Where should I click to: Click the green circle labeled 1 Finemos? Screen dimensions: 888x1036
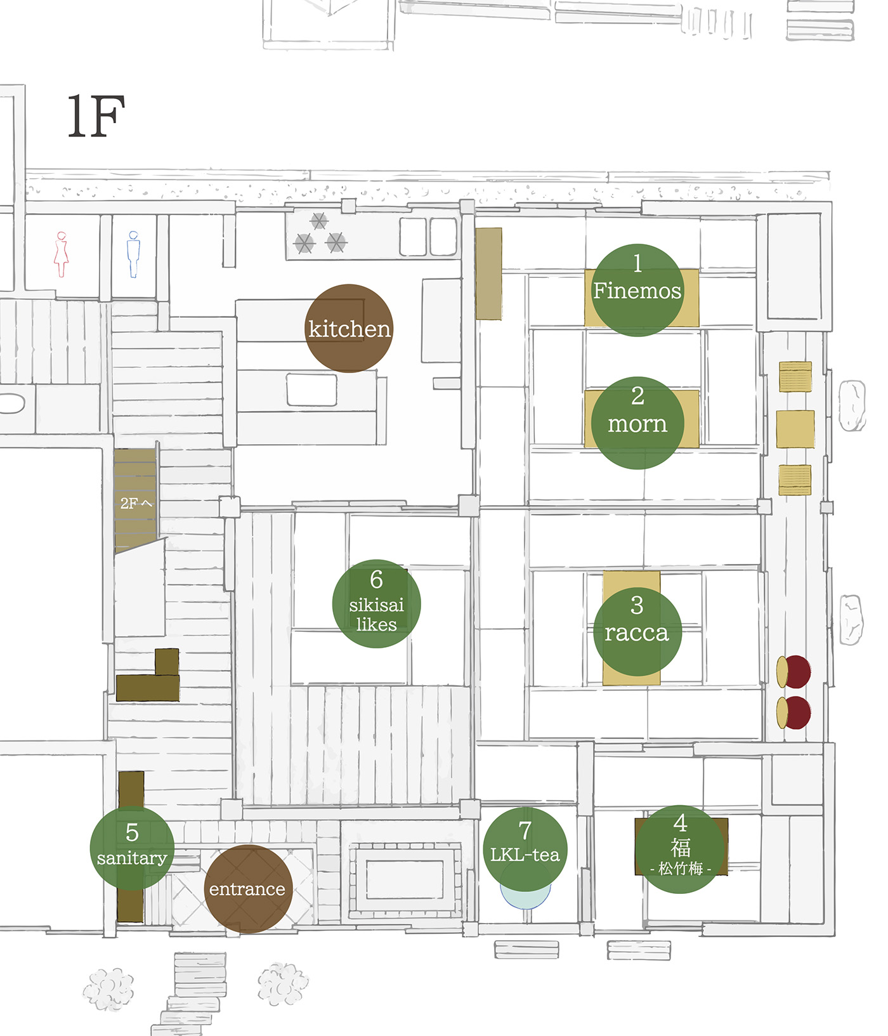pos(637,290)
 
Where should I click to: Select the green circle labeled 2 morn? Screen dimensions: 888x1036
pos(637,423)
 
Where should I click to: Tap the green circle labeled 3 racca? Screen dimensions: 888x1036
pos(637,632)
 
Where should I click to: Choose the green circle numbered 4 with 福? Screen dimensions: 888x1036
pos(680,849)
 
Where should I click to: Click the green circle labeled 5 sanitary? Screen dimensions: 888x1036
pos(132,848)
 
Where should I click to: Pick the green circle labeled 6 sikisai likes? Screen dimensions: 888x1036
pos(377,603)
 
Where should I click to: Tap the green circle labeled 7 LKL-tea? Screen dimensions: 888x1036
pos(525,849)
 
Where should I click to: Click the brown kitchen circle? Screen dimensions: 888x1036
pos(349,328)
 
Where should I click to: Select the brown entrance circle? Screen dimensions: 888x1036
pos(247,889)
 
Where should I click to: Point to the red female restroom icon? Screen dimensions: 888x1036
pos(62,254)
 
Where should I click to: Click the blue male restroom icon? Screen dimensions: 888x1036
pos(133,254)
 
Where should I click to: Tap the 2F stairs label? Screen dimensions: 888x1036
pos(136,503)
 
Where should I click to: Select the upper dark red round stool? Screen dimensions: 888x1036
pos(793,672)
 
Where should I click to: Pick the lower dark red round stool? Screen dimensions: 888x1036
pos(793,712)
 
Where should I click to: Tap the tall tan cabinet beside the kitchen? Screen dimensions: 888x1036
pos(488,273)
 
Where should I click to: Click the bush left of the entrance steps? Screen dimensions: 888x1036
pos(108,989)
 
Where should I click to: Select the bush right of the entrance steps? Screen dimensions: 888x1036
pos(283,984)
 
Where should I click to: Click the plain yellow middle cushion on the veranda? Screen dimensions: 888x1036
pos(795,429)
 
